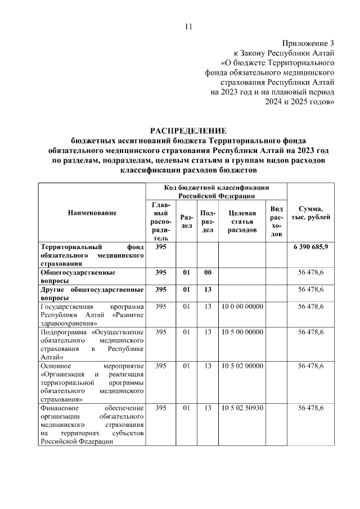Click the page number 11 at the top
(x=188, y=26)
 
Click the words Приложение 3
(x=308, y=43)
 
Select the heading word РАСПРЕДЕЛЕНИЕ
(x=188, y=130)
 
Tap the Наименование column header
(x=92, y=213)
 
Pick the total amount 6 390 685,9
(x=311, y=247)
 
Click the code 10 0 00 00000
(x=242, y=307)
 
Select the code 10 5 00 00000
(x=242, y=332)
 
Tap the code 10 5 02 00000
(x=242, y=366)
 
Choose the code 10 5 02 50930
(x=242, y=408)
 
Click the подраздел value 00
(x=208, y=272)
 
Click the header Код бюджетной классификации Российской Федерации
(x=216, y=191)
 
